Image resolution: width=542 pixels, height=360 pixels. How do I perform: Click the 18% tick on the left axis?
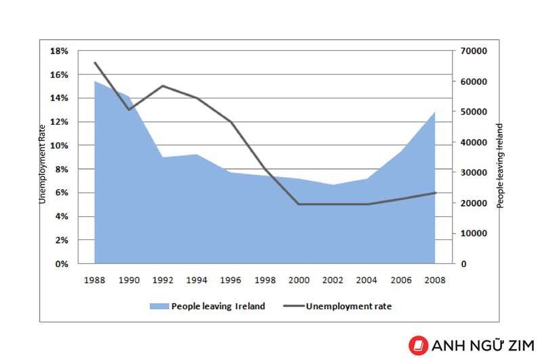[x=59, y=51]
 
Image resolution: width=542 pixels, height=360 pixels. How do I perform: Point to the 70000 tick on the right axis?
[x=474, y=51]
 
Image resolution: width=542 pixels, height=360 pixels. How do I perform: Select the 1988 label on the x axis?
[x=94, y=280]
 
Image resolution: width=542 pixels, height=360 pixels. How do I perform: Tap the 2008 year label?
[x=435, y=280]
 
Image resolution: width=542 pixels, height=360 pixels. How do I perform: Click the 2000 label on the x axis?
[x=299, y=280]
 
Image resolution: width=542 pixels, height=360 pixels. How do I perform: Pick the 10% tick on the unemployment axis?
[x=59, y=146]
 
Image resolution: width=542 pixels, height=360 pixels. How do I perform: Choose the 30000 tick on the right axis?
[x=474, y=173]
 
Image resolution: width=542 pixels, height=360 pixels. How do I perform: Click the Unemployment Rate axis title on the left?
[x=42, y=164]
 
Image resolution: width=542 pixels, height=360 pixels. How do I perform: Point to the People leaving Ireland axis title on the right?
[x=500, y=165]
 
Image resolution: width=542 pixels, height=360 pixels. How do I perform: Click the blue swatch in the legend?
[x=159, y=306]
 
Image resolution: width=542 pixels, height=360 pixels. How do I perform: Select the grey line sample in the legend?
[x=294, y=306]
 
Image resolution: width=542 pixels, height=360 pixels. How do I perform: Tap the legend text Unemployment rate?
[x=349, y=306]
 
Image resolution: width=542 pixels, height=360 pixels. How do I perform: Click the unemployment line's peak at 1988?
[x=95, y=62]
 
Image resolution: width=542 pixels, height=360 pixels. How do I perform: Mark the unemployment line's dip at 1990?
[x=129, y=110]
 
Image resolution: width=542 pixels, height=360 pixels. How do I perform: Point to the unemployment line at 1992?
[x=163, y=86]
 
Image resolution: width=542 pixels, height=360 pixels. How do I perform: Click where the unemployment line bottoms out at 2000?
[x=299, y=204]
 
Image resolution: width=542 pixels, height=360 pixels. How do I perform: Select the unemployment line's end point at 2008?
[x=435, y=193]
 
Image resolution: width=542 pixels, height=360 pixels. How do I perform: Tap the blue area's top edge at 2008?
[x=434, y=112]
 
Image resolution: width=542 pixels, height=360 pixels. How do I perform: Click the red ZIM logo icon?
[x=418, y=346]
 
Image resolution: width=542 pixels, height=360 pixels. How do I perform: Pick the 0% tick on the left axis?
[x=62, y=264]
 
